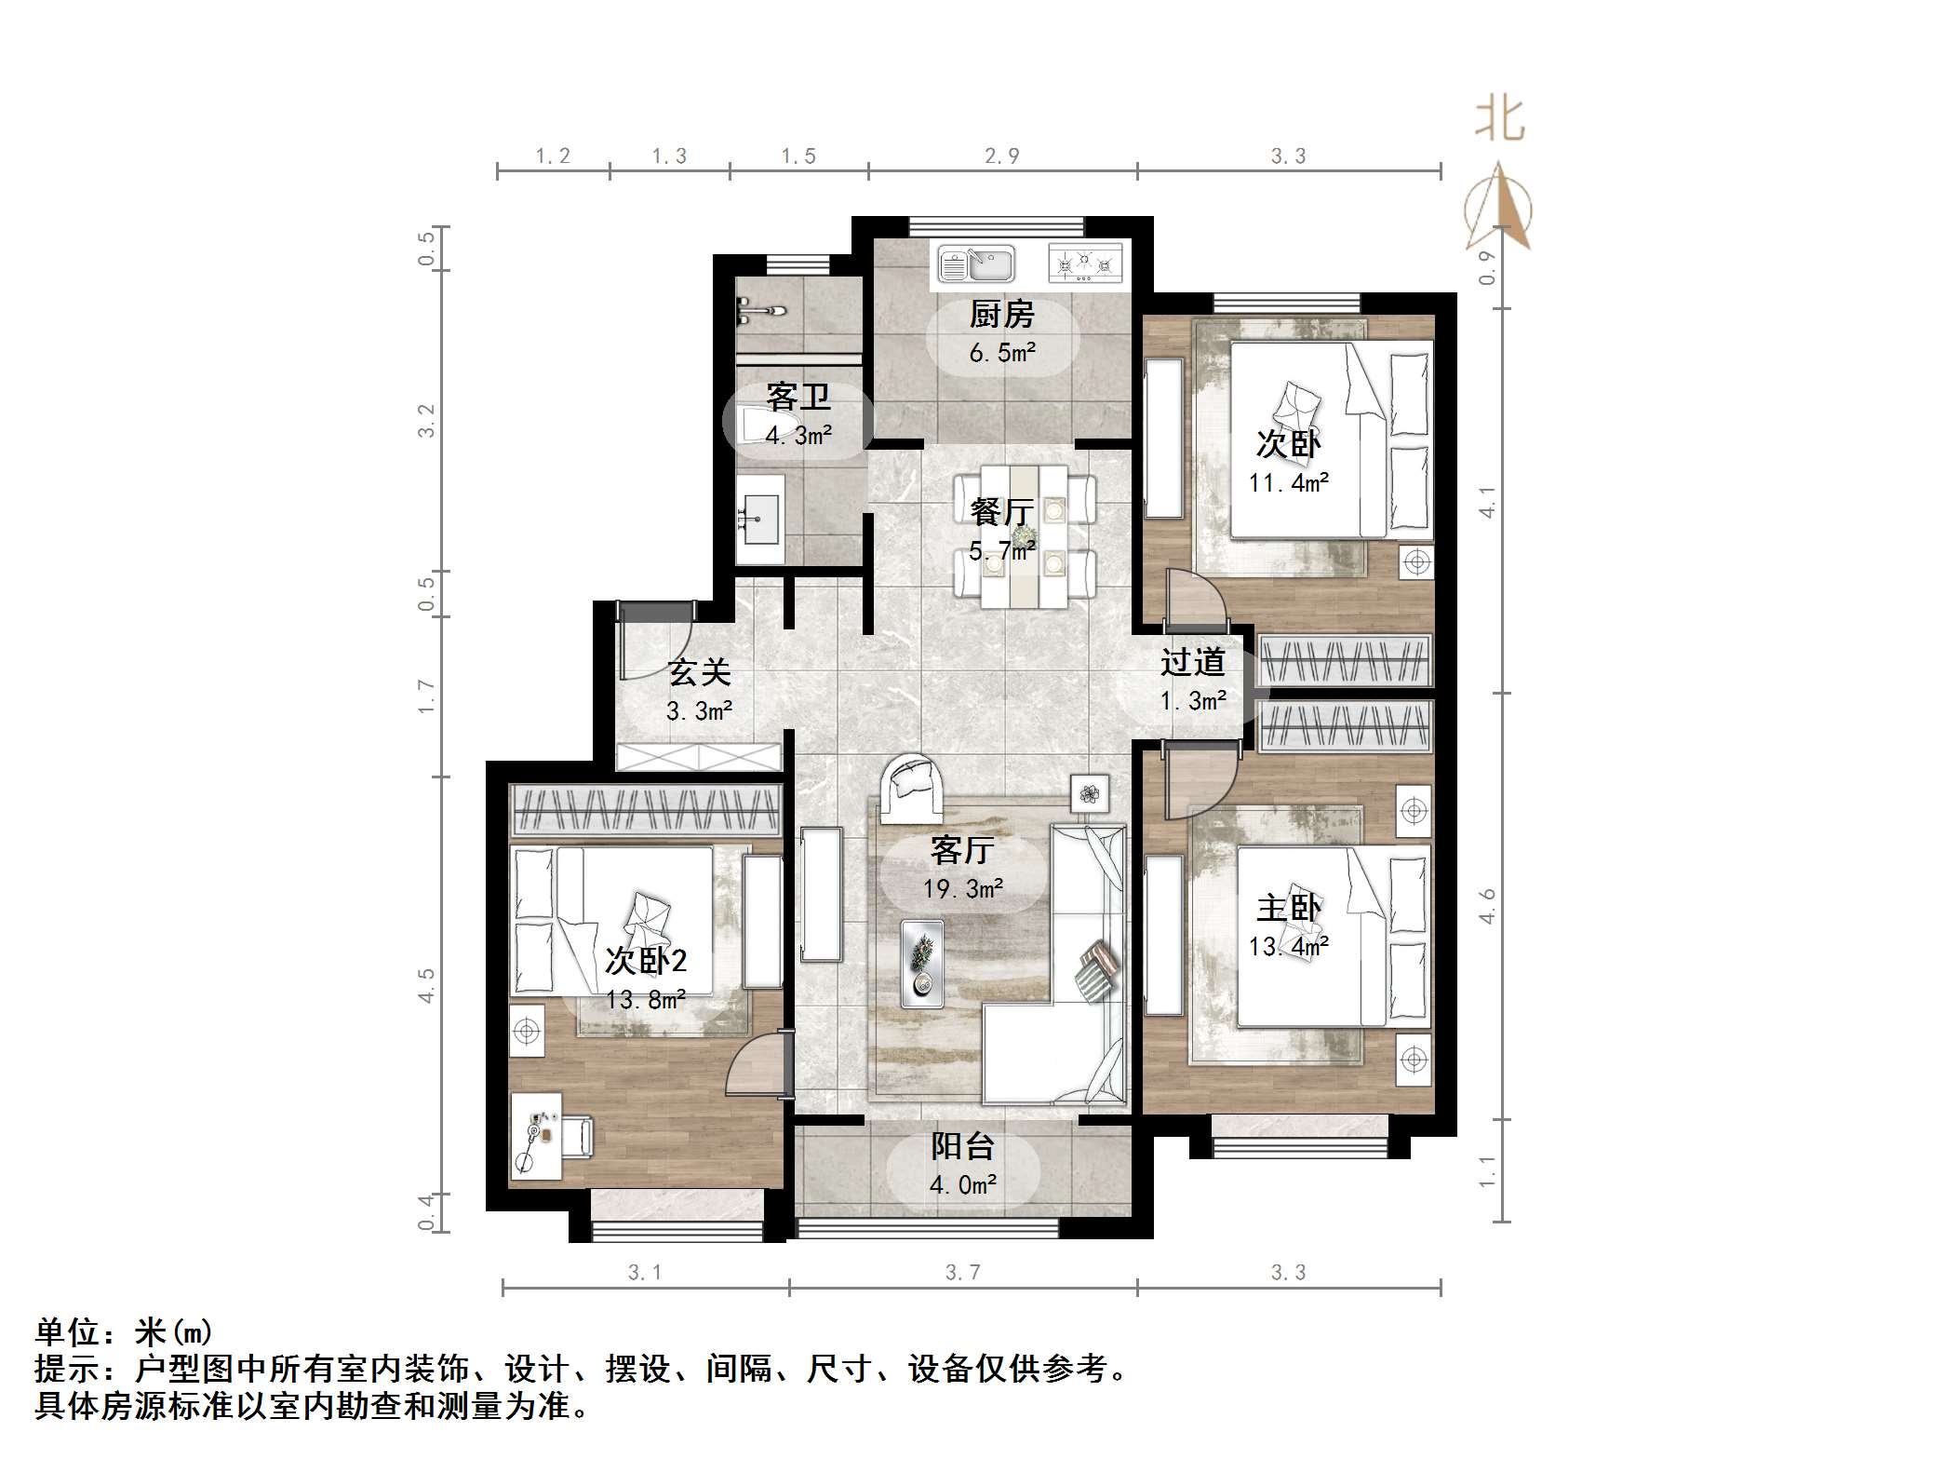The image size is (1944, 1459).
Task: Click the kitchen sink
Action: (x=976, y=263)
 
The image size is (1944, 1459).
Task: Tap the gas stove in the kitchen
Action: (x=1084, y=263)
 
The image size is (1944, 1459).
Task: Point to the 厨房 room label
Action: (x=1001, y=315)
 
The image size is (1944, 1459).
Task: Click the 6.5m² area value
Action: (x=1002, y=353)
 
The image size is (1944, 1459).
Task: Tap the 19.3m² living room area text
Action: (x=963, y=889)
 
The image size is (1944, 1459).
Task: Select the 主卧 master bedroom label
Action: (x=1289, y=908)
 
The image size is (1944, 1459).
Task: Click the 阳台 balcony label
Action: (x=963, y=1146)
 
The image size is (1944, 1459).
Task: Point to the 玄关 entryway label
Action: (x=700, y=672)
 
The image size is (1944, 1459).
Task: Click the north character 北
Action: (x=1500, y=120)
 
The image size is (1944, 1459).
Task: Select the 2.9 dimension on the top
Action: (x=1002, y=156)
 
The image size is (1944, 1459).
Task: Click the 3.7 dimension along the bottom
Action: (x=963, y=1272)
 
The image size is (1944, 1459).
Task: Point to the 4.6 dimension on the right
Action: (x=1487, y=906)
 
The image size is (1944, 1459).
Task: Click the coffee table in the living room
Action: (x=922, y=964)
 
